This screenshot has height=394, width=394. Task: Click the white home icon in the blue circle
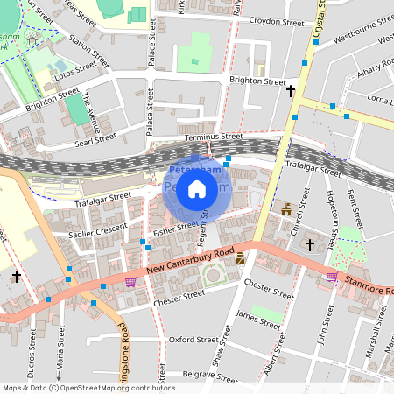(x=197, y=188)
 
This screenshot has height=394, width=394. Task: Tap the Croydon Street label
(x=276, y=23)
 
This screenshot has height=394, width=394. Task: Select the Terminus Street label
(x=214, y=137)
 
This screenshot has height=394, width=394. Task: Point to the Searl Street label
(x=95, y=141)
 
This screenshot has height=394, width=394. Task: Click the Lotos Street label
(x=74, y=69)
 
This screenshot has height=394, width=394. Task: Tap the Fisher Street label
(x=176, y=229)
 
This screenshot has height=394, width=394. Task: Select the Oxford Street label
(x=193, y=339)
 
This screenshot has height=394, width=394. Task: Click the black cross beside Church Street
(x=309, y=244)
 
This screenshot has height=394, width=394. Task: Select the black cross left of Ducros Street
(x=17, y=277)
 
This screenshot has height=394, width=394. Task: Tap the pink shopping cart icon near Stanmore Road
(x=332, y=277)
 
